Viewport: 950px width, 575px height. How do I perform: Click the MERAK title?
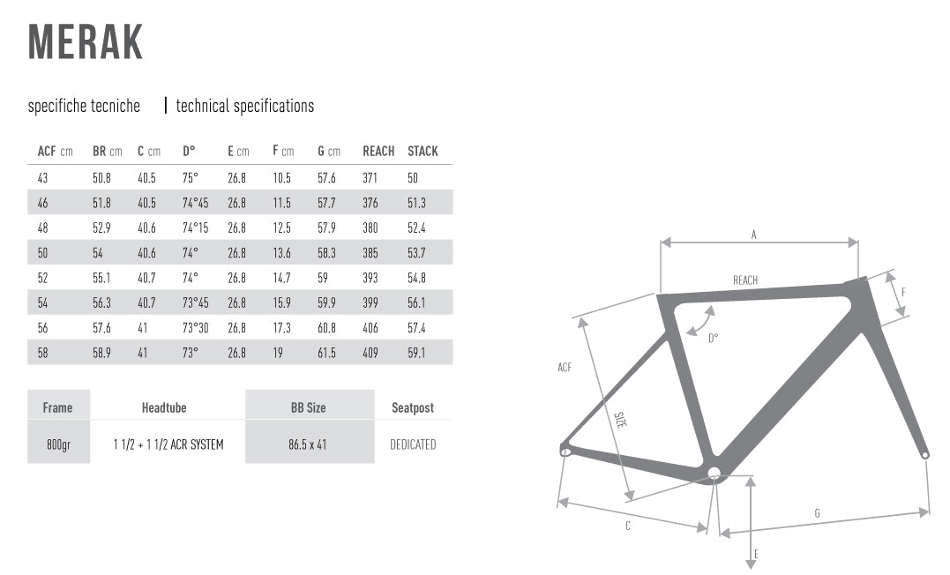86,41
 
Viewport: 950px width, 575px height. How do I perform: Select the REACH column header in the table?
378,151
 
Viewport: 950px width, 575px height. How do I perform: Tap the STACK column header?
423,151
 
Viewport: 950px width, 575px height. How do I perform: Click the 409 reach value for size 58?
370,353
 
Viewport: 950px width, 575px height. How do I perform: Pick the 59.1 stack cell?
416,353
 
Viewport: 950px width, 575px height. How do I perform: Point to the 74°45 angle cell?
195,203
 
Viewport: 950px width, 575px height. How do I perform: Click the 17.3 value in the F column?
281,328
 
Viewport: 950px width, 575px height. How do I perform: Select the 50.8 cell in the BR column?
101,178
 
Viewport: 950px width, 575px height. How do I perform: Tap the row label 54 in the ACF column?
42,303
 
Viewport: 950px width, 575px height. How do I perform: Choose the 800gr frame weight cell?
59,444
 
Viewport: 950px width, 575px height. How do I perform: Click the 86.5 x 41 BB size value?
308,444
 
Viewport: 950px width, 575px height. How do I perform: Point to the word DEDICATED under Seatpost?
413,444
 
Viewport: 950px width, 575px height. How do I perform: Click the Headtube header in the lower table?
164,407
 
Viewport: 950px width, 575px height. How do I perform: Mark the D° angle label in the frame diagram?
713,338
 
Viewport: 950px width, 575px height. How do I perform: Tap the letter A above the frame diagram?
753,235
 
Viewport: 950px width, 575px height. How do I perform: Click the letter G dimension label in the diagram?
818,514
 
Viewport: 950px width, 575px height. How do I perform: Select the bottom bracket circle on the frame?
714,473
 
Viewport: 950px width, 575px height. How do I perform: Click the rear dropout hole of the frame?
565,452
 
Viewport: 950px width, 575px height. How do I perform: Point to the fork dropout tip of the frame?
925,454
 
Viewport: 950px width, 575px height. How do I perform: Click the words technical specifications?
244,106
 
